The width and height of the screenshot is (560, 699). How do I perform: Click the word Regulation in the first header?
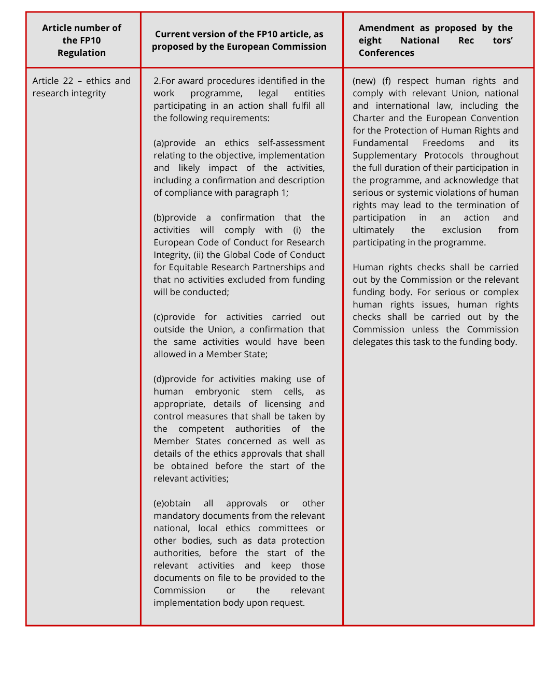(81, 53)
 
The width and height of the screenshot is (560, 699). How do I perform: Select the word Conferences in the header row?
(386, 53)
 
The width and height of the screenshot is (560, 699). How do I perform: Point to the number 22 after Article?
(68, 81)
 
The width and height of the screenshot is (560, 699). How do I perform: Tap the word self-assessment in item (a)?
(291, 143)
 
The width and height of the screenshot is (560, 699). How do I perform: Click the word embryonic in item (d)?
(217, 391)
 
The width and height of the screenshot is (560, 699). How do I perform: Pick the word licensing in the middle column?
(283, 404)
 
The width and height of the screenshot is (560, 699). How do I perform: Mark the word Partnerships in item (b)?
(270, 267)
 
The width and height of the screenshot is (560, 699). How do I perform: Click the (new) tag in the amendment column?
(364, 81)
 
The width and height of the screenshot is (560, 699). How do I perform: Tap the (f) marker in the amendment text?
(386, 81)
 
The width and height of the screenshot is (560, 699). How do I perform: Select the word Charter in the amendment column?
(369, 118)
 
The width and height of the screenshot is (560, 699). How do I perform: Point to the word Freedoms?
(443, 143)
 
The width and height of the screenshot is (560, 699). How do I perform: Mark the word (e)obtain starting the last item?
(172, 503)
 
